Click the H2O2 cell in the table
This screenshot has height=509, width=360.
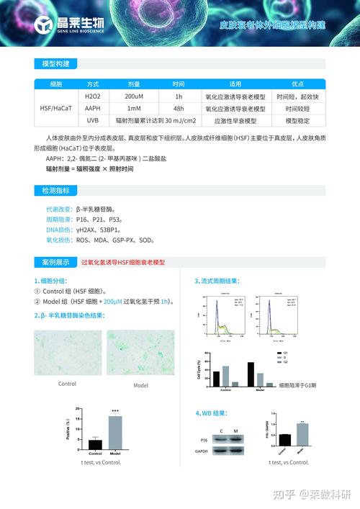(93, 96)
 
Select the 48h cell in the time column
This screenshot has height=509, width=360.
(179, 108)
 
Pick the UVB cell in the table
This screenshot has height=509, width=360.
(93, 120)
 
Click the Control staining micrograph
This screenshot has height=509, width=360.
(67, 353)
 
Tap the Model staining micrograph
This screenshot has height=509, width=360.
(140, 353)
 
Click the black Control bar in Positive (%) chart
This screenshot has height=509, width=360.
(95, 444)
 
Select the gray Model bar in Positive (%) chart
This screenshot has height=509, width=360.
(115, 433)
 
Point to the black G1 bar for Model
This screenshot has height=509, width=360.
(251, 374)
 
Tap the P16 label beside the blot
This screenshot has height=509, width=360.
(204, 438)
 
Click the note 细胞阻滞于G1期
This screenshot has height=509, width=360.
(297, 385)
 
